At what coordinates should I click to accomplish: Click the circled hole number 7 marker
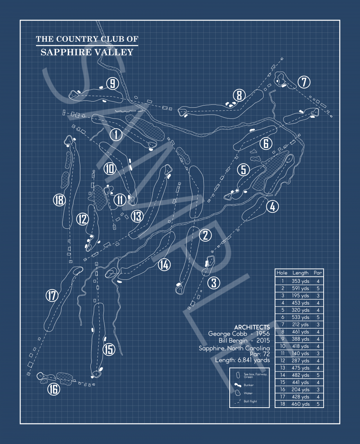click(x=304, y=82)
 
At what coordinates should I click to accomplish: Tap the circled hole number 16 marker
click(x=54, y=389)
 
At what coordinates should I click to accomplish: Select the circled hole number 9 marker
click(x=112, y=84)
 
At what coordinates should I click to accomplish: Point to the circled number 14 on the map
click(x=164, y=265)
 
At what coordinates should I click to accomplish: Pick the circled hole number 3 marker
click(x=214, y=283)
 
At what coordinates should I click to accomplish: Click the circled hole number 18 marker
click(x=59, y=200)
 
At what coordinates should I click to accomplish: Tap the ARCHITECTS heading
click(x=252, y=327)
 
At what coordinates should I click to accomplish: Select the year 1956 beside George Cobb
click(x=263, y=333)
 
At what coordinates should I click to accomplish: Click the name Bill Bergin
click(x=233, y=340)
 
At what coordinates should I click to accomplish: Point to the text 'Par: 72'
click(x=260, y=354)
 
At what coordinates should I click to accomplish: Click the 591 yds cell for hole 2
click(x=300, y=288)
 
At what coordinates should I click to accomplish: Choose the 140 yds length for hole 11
click(x=300, y=353)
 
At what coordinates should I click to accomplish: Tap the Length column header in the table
click(x=300, y=273)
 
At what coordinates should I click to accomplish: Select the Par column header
click(x=318, y=273)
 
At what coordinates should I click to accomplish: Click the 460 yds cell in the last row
click(x=300, y=404)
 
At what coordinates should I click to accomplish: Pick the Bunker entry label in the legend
click(x=248, y=385)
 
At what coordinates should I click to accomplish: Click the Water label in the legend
click(x=248, y=393)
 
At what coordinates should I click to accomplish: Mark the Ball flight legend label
click(x=250, y=401)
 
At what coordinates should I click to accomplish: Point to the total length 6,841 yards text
click(x=243, y=360)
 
